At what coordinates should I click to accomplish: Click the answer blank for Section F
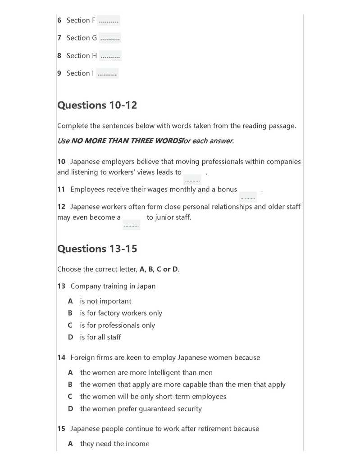click(x=108, y=21)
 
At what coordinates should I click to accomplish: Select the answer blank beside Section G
click(x=110, y=38)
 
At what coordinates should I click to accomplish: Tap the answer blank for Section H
click(x=110, y=56)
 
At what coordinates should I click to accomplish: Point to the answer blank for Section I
click(x=107, y=73)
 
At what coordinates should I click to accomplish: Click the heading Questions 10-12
click(x=97, y=105)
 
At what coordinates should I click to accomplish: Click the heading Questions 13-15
click(x=97, y=249)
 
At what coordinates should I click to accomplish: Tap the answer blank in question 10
click(x=192, y=179)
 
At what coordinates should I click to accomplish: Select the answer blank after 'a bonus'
click(x=248, y=196)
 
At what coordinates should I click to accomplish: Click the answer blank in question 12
click(x=131, y=224)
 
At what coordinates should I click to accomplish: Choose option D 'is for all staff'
click(x=100, y=337)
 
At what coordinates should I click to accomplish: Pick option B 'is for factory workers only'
click(x=121, y=313)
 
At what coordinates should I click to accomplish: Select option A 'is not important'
click(x=105, y=301)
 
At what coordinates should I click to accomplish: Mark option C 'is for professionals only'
click(x=117, y=326)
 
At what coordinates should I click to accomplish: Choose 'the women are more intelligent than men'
click(x=146, y=373)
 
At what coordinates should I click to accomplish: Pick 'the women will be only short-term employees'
click(x=153, y=397)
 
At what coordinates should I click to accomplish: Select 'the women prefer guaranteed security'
click(x=141, y=409)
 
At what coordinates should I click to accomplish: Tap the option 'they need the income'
click(x=114, y=444)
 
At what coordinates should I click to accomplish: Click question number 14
click(x=61, y=357)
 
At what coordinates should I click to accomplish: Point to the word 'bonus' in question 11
click(x=227, y=190)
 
